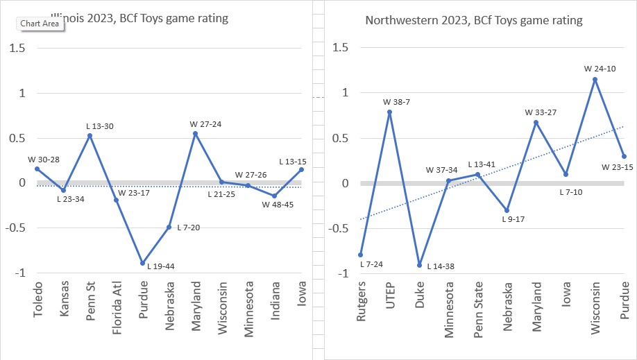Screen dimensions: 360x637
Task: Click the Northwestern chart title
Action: (473, 21)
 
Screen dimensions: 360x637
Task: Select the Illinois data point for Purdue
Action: (142, 263)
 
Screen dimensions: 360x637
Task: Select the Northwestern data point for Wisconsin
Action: (595, 79)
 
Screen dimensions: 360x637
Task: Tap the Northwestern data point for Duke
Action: (419, 265)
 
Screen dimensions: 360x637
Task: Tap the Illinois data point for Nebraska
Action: (169, 227)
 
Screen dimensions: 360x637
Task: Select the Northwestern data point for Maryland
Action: (536, 122)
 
